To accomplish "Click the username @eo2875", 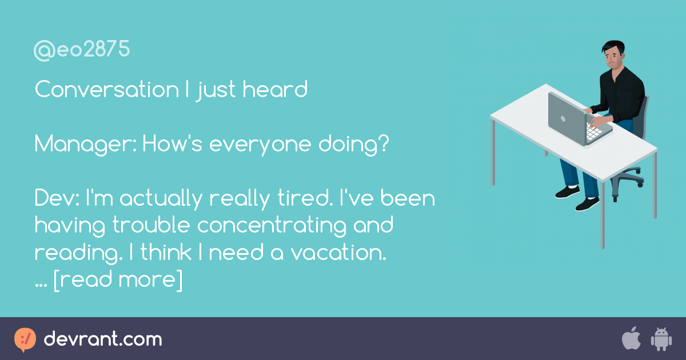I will pos(82,51).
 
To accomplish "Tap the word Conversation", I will pos(106,90).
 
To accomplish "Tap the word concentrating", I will pos(272,226).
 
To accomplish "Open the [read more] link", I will pos(118,280).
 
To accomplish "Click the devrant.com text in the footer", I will pos(103,339).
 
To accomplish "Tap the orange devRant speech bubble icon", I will pos(25,339).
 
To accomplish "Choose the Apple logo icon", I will pos(631,339).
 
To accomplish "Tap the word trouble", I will pos(151,226).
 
